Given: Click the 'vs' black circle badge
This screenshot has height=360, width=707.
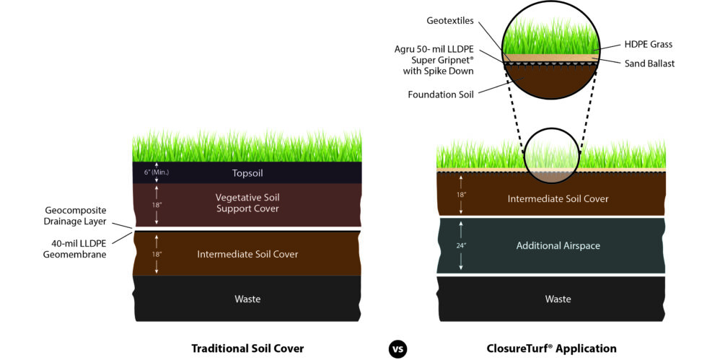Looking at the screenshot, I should click(x=398, y=348).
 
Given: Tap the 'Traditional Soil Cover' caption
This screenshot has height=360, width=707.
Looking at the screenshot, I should click(x=247, y=348).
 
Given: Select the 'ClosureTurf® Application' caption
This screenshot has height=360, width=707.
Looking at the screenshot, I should click(x=552, y=348).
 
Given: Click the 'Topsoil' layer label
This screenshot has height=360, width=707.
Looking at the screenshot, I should click(x=247, y=173).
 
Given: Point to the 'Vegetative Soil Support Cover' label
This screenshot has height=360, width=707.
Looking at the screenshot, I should click(x=247, y=203).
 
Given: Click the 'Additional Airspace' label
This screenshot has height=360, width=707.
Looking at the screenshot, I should click(x=558, y=246).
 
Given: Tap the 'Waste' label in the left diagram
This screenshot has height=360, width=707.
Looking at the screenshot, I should click(x=247, y=299).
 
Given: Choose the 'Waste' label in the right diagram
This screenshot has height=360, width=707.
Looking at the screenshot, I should click(x=558, y=299).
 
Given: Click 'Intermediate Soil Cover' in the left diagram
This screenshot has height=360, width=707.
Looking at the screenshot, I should click(x=247, y=254).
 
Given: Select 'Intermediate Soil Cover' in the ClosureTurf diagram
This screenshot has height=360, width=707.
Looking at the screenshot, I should click(x=558, y=198).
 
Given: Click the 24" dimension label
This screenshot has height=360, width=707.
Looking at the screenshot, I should click(x=460, y=246).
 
